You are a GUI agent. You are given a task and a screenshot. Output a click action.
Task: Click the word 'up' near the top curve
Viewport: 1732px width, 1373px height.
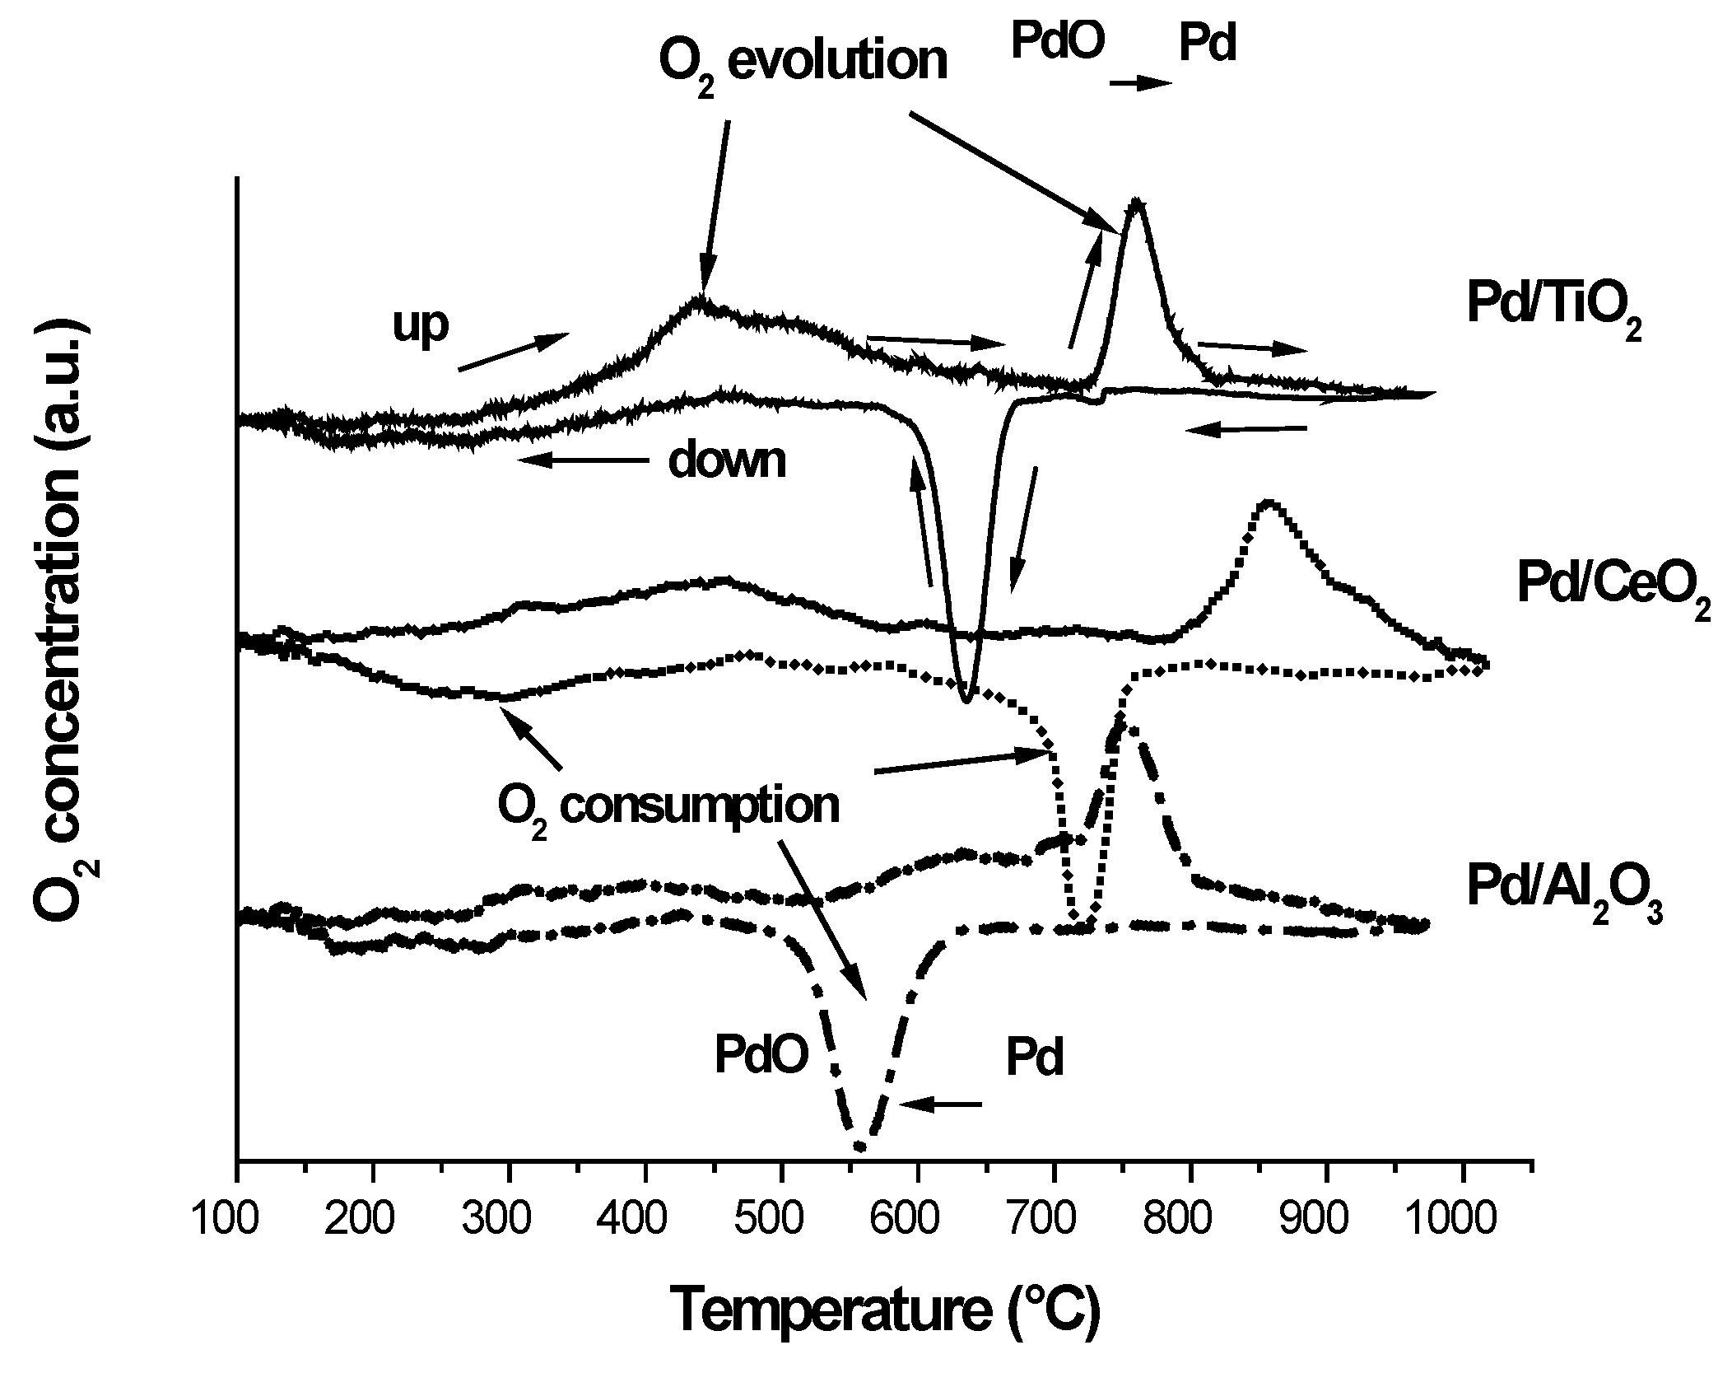(x=421, y=324)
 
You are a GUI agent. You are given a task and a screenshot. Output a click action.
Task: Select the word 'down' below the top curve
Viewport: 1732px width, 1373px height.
(x=727, y=461)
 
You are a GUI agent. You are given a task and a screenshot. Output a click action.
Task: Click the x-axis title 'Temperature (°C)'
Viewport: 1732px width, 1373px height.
(x=885, y=1309)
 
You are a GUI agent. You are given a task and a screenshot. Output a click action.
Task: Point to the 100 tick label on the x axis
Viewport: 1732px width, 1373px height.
(x=237, y=1217)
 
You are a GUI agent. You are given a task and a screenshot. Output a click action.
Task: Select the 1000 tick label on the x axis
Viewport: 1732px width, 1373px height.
(x=1462, y=1217)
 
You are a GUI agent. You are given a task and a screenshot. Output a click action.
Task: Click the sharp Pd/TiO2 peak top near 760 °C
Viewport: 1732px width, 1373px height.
(x=1137, y=201)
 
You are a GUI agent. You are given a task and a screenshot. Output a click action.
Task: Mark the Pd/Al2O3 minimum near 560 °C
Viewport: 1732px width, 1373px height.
(x=860, y=1146)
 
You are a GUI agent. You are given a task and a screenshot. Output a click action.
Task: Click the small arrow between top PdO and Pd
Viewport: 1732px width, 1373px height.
(x=1140, y=83)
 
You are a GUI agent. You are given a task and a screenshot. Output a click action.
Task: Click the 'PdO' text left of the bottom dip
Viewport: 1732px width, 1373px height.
(x=761, y=1057)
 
